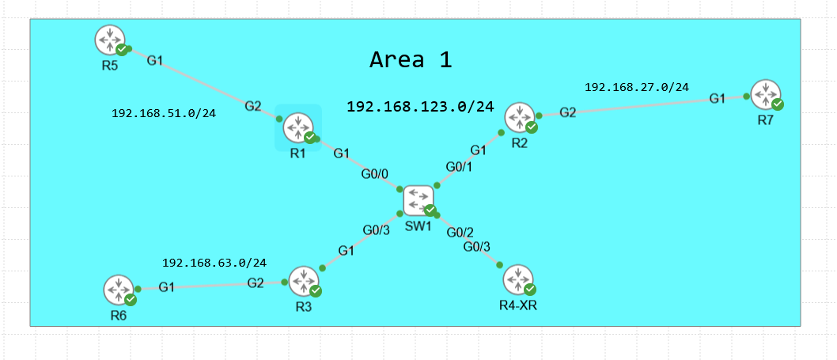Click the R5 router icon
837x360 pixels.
click(x=109, y=40)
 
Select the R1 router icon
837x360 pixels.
click(x=298, y=127)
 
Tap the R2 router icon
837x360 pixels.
click(x=521, y=117)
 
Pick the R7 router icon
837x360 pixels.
click(x=766, y=95)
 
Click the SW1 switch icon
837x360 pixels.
click(x=418, y=200)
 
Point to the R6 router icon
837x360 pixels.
click(x=119, y=290)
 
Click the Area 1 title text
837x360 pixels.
click(x=411, y=59)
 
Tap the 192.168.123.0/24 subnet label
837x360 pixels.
click(x=420, y=106)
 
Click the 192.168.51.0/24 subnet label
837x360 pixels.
click(x=164, y=113)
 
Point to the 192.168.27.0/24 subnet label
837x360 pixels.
click(x=636, y=87)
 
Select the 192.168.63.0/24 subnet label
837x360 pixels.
click(x=214, y=262)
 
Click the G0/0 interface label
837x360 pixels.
click(x=376, y=172)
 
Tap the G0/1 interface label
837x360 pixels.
click(x=459, y=167)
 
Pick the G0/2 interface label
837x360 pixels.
click(x=460, y=232)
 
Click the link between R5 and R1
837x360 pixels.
click(x=202, y=85)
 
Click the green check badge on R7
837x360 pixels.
click(x=778, y=104)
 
